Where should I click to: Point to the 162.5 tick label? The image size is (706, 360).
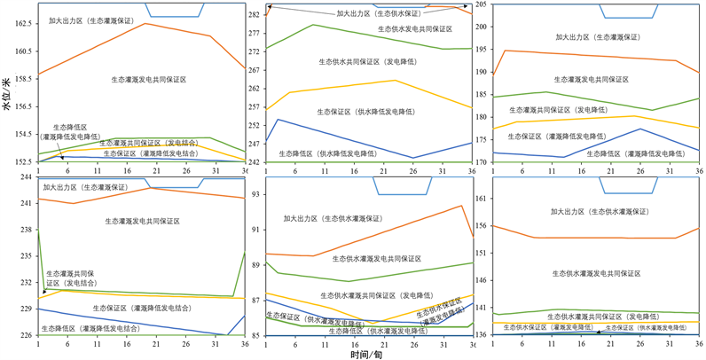coord(21,24)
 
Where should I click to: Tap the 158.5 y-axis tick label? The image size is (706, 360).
coord(21,79)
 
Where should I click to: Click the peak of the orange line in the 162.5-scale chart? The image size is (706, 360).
coord(145,23)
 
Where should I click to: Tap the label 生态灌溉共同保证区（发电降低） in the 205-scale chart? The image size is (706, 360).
coord(572,110)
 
